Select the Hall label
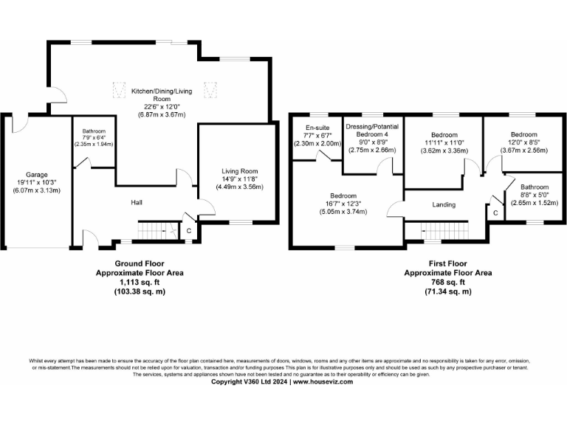[x=137, y=202]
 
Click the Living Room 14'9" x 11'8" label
[x=238, y=172]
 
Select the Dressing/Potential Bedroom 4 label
[x=372, y=126]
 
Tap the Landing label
[x=444, y=204]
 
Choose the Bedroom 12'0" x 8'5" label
[x=523, y=135]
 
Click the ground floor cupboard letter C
[x=189, y=232]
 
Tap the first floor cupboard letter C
[x=495, y=213]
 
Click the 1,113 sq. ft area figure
[x=139, y=282]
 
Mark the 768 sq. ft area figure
[x=450, y=282]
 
